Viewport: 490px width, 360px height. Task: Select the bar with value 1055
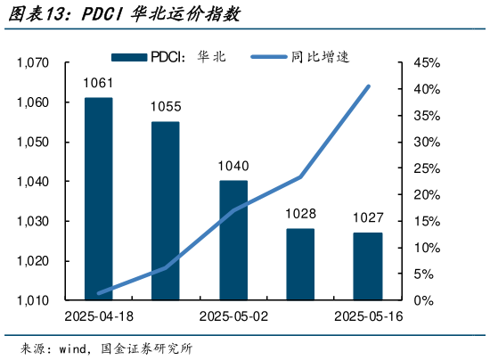[165, 210]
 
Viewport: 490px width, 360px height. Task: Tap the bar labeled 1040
[233, 240]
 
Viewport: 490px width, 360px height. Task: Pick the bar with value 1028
[300, 264]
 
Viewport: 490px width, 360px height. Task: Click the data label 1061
[98, 85]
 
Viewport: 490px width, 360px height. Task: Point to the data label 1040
[233, 167]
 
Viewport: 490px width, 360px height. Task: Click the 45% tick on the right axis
[427, 63]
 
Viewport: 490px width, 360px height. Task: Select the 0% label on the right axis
[423, 300]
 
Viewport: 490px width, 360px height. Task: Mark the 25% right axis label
[427, 168]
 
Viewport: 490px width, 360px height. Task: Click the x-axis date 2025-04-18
[98, 316]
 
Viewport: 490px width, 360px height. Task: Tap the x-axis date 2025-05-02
[233, 316]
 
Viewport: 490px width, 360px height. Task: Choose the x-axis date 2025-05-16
[368, 316]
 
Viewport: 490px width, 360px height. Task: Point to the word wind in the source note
[74, 348]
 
